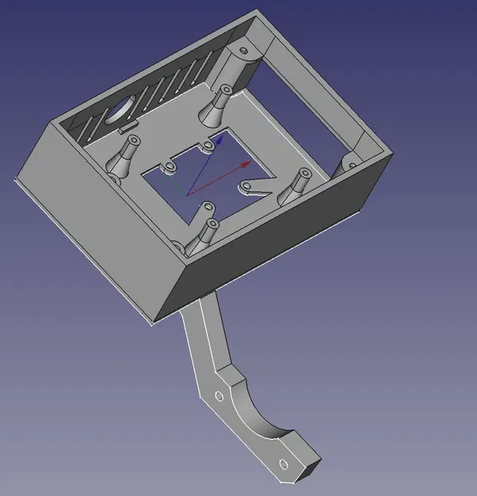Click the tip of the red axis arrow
[252, 162]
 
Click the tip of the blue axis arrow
[224, 134]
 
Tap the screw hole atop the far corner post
[243, 49]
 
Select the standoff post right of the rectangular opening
[300, 185]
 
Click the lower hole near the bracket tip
[282, 464]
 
